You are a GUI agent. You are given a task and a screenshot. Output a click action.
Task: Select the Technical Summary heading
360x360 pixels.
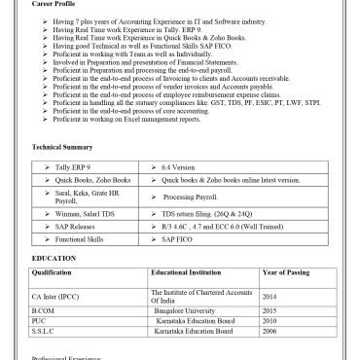coord(63,147)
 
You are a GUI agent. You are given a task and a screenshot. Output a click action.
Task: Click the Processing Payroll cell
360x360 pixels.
coord(195,198)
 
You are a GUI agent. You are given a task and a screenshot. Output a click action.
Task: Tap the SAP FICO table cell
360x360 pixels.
coord(182,238)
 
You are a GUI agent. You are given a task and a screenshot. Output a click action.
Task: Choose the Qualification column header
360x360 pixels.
coord(58,274)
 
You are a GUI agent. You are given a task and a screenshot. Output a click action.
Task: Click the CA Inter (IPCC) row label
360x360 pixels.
coord(57,296)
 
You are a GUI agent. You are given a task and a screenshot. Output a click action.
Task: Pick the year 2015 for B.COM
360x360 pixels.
coord(270,310)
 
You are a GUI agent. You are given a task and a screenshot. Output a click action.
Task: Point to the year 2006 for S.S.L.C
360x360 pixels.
coord(270,332)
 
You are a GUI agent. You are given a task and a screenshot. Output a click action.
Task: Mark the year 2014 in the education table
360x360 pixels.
coord(270,296)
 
